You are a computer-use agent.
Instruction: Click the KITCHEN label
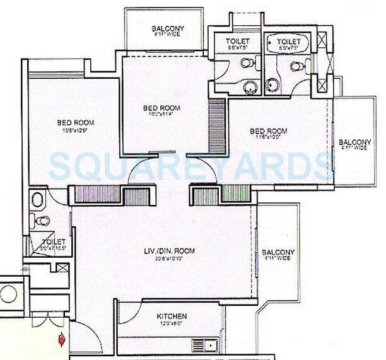[x=172, y=316]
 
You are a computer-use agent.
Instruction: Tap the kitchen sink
[x=206, y=344]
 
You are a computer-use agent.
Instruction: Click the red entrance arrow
[x=61, y=340]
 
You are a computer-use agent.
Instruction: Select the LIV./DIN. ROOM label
[x=168, y=251]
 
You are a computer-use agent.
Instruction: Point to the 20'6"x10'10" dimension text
[x=168, y=258]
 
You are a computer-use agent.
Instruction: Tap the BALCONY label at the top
[x=168, y=28]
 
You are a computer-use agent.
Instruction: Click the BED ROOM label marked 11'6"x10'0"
[x=269, y=131]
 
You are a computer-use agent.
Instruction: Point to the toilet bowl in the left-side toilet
[x=42, y=220]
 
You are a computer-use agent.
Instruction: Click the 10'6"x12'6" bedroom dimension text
[x=73, y=131]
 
